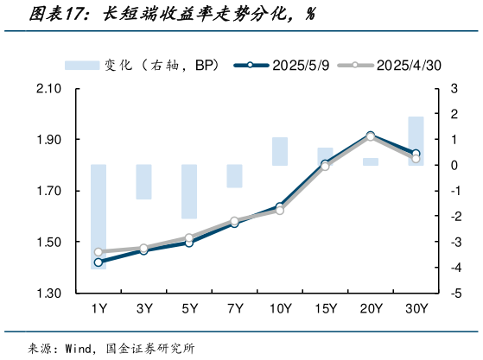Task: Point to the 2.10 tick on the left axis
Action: click(x=48, y=89)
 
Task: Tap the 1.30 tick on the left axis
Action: click(x=48, y=294)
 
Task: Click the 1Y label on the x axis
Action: click(x=99, y=308)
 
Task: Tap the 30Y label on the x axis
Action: click(x=416, y=308)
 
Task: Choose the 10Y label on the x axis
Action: click(x=279, y=308)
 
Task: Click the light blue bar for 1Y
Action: click(x=99, y=216)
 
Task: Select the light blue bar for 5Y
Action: click(x=189, y=191)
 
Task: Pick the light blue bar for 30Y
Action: click(x=416, y=140)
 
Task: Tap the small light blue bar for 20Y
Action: click(x=371, y=161)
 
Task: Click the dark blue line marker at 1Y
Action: click(x=99, y=262)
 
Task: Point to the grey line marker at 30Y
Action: click(x=416, y=158)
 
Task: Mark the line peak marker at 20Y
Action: click(x=371, y=136)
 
